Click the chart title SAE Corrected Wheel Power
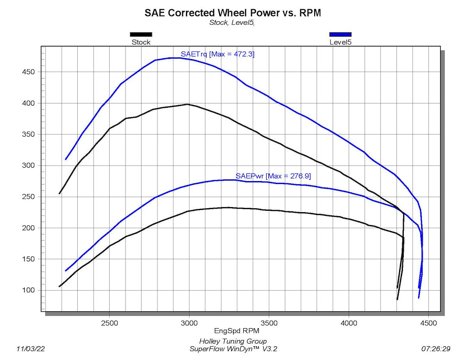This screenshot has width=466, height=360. (233, 13)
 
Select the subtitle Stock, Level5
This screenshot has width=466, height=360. (232, 23)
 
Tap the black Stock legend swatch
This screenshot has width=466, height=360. (141, 34)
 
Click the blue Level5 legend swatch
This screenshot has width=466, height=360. (340, 34)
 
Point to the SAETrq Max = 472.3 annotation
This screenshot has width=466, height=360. (217, 54)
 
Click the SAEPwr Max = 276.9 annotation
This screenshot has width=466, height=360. (273, 176)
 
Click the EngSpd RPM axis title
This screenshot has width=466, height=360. (233, 331)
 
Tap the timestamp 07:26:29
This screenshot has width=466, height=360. (436, 348)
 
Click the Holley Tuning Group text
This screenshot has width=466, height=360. (233, 341)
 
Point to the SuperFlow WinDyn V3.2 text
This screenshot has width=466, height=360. (233, 349)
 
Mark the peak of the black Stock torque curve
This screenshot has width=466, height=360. (187, 104)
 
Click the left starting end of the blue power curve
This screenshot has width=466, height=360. (66, 271)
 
